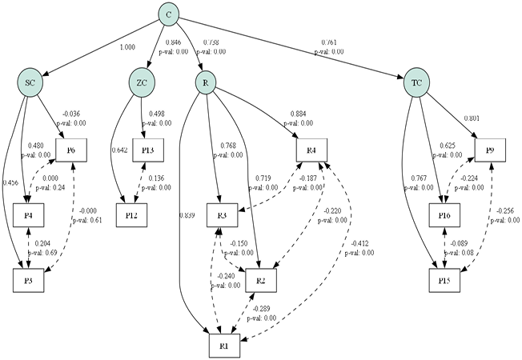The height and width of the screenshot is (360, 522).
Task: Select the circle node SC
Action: tap(29, 82)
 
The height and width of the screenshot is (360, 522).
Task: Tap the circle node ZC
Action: tap(141, 82)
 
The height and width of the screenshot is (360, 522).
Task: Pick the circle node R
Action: tap(206, 82)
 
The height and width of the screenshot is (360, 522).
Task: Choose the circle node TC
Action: tap(416, 82)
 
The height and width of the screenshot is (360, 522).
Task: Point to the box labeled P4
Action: tap(29, 214)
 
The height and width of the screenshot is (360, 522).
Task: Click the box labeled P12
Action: tap(130, 214)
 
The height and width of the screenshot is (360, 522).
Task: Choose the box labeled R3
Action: tap(220, 214)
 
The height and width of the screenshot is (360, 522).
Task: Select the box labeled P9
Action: tap(491, 149)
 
